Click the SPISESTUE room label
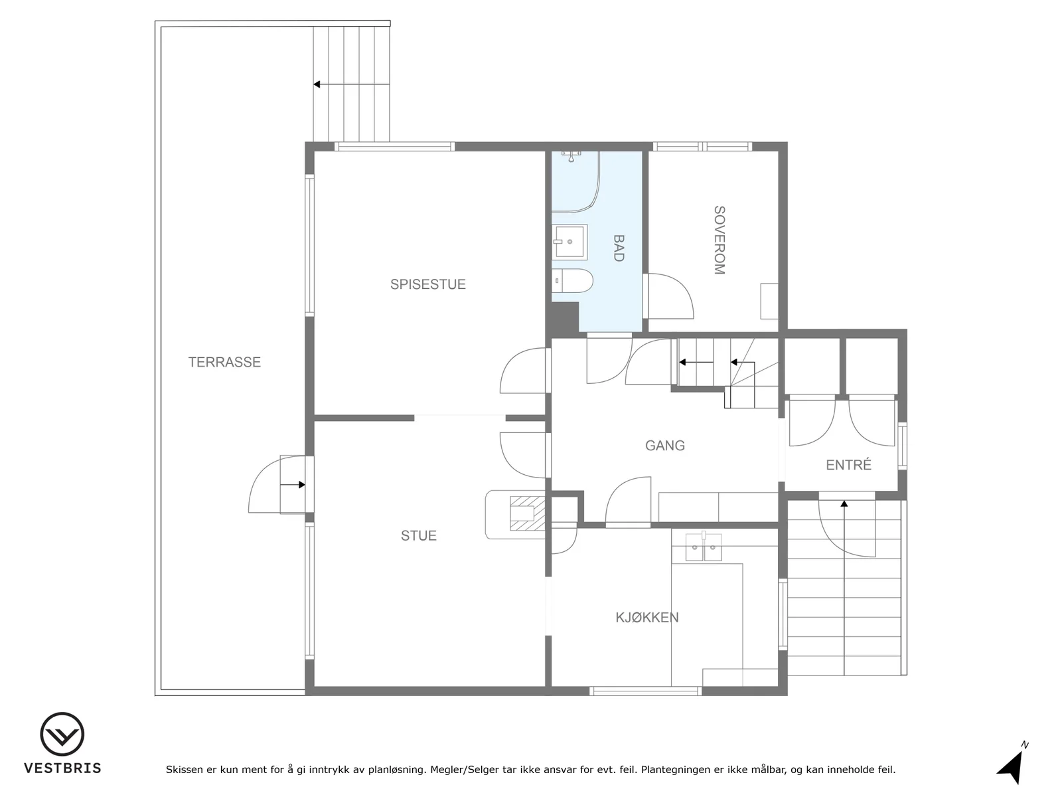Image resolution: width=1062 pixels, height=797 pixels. pos(427,284)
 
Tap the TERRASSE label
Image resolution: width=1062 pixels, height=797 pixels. pos(224,362)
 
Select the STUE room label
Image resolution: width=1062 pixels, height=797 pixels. pos(419,535)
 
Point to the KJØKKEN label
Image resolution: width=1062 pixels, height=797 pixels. pos(647,617)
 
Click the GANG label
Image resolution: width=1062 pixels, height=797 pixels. pos(665,445)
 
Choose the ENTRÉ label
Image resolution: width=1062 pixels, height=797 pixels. pos(848,464)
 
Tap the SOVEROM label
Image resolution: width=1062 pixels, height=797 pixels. pos(720,240)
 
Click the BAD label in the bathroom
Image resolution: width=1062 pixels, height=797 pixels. pos(619,248)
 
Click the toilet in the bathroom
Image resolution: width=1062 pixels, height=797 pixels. pos(572,281)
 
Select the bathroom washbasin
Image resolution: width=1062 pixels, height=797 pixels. pos(569,242)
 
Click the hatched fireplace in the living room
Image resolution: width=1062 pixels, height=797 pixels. pos(527,513)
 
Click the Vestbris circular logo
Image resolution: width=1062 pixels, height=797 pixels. pos(62,734)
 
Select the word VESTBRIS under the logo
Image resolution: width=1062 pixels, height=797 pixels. pos(62,768)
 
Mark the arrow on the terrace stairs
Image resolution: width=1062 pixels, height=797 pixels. pos(351,84)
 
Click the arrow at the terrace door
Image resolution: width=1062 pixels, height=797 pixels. pos(292,484)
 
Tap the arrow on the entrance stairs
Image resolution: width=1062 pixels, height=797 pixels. pos(844,588)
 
